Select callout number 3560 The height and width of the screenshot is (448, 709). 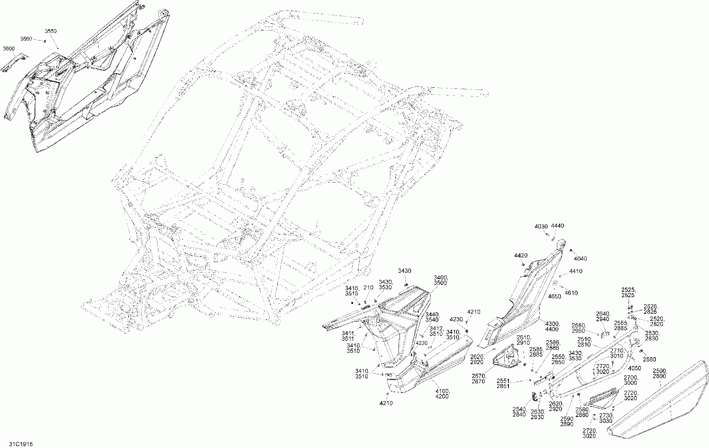coord(26,39)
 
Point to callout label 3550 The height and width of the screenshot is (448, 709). coord(51,31)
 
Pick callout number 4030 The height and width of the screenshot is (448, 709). coord(541,226)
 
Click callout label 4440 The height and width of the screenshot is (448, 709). coord(558,226)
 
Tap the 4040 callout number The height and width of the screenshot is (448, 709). coord(580,259)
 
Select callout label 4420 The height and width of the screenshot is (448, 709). coord(521,255)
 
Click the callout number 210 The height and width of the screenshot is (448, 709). coord(369,287)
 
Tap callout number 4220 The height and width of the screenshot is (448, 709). coord(421,343)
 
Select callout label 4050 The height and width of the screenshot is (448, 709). coord(634,368)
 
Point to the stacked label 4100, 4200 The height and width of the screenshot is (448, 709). coord(443,394)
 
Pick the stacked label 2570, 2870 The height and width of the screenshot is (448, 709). coord(479,379)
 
